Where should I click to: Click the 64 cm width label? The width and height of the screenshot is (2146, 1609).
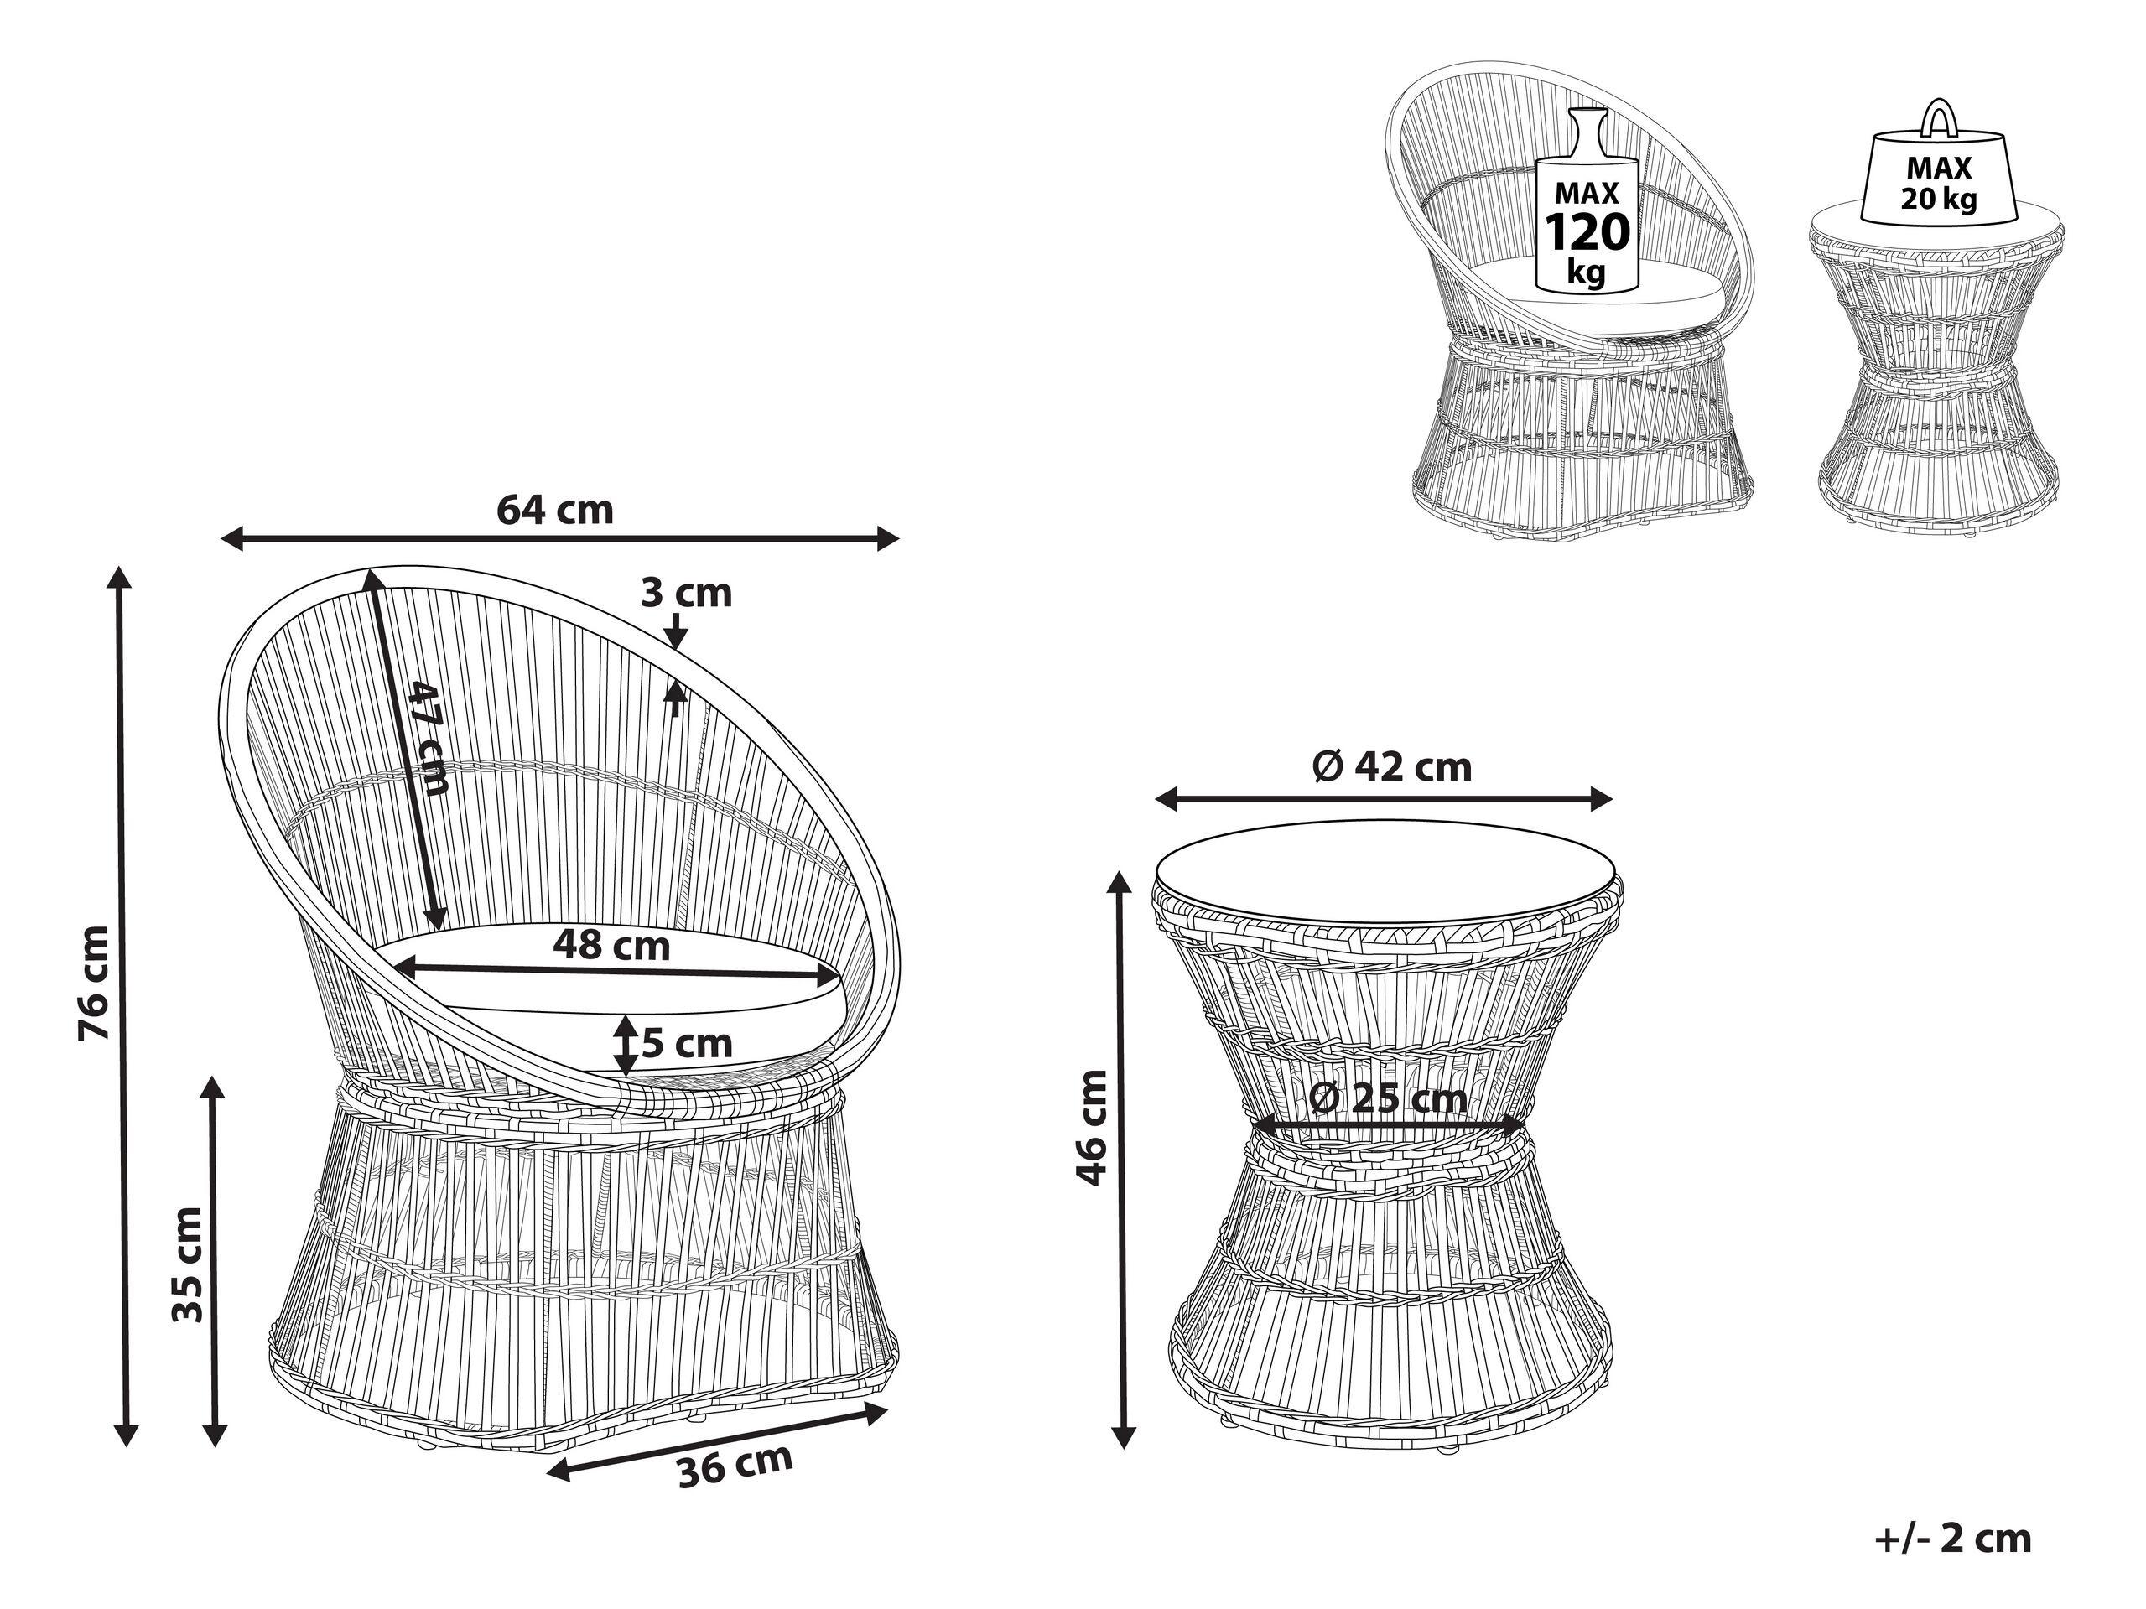pyautogui.click(x=555, y=509)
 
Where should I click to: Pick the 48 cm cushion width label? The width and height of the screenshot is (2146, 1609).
pyautogui.click(x=611, y=945)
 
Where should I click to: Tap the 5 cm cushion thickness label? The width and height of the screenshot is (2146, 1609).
pyautogui.click(x=686, y=1044)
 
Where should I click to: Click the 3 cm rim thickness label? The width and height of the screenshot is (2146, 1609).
pyautogui.click(x=686, y=593)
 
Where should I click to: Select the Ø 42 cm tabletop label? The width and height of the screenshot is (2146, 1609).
pyautogui.click(x=1392, y=766)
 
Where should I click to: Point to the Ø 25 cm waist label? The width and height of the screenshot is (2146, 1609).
pyautogui.click(x=1387, y=1099)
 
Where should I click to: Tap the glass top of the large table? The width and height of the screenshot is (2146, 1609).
pyautogui.click(x=1387, y=878)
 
